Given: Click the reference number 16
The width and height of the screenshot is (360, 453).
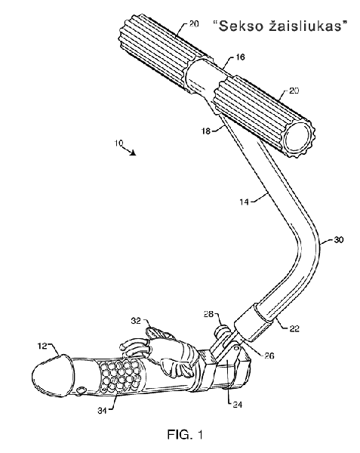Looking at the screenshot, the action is coord(240,57).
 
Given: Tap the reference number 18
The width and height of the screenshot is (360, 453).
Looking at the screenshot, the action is coord(206,131).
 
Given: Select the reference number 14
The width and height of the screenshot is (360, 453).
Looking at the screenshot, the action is coord(244,202).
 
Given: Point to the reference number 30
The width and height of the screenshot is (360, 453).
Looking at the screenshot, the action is coord(339,239).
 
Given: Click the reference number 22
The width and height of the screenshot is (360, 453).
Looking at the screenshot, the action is coord(294,328).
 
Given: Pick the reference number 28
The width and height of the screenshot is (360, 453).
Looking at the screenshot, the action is coord(208,314).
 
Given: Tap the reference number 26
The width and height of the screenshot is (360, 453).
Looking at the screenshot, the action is coord(269,356).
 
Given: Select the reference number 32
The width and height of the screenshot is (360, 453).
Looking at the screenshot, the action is coord(136,321).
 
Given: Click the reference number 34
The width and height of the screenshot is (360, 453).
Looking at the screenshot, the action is coord(102,411).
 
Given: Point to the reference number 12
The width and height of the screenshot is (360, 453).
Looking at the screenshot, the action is coord(42,346).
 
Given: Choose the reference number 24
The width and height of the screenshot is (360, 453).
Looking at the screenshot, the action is coord(237,405).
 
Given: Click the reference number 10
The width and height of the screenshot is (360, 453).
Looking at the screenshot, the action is coord(119,143).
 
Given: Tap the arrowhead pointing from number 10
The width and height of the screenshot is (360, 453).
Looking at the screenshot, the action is coord(133,153).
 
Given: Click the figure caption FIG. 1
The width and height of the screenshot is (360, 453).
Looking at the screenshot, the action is coord(185,434).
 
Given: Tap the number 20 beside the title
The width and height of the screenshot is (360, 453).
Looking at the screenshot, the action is coord(194,23).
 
